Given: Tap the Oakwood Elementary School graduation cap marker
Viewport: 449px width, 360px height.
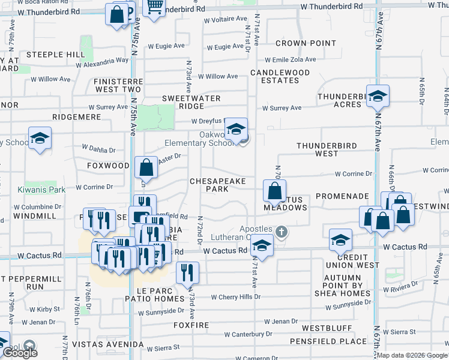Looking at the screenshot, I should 237,129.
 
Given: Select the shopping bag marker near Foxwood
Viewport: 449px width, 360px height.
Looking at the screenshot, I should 146,169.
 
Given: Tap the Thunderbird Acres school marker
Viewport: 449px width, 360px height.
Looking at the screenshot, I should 378,96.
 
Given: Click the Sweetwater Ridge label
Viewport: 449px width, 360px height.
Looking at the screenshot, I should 191,102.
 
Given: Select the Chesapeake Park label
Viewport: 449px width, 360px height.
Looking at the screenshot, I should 209,185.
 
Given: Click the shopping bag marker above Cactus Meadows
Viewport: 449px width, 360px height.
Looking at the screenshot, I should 274,191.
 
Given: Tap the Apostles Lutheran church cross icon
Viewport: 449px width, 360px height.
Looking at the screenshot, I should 282,230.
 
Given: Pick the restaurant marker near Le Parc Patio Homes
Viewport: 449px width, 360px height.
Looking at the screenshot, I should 188,274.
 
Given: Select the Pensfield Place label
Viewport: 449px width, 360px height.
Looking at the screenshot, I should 328,341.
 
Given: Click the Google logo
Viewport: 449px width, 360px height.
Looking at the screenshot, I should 20,352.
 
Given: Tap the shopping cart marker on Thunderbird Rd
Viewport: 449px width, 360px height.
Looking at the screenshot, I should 154,7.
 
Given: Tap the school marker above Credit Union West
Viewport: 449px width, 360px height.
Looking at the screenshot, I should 340,241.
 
